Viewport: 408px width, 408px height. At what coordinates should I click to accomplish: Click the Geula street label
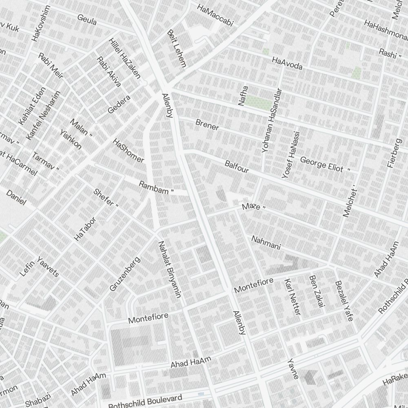coord(87,20)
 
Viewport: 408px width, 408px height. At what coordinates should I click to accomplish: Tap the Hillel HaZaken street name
coord(125,58)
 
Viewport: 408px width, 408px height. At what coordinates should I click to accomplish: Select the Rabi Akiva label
coord(109,72)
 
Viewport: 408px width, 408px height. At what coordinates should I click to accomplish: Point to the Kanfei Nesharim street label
coord(43,115)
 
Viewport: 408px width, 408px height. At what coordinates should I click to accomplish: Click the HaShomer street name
coord(129,151)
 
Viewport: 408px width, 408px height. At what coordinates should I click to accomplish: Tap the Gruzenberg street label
coord(125,274)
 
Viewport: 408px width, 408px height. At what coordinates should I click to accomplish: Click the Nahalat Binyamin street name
coord(169,269)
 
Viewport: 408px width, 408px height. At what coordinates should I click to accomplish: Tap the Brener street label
coord(207,124)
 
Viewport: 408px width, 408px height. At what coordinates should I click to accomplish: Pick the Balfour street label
coord(237,166)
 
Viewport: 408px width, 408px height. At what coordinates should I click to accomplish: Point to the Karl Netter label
coord(292,297)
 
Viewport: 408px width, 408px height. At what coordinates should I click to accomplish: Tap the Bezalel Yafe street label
coord(344,301)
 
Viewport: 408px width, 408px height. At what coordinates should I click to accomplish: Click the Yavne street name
coord(293,369)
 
